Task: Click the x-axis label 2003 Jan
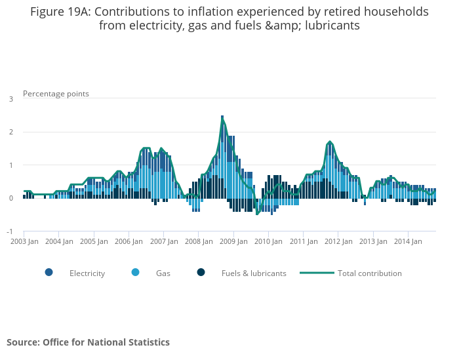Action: tap(23, 241)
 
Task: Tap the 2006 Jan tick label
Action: tap(128, 241)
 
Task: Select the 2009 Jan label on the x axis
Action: tap(233, 241)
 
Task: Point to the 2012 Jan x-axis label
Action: tap(338, 241)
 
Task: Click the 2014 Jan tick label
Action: tap(408, 241)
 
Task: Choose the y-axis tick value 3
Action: tap(10, 99)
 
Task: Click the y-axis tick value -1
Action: tap(10, 231)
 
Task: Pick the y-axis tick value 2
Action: tap(10, 132)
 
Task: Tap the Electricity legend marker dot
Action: tap(49, 273)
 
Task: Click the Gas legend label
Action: tap(163, 273)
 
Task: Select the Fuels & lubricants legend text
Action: tap(254, 273)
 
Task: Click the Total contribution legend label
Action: tap(369, 273)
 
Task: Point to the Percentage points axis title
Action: tap(56, 93)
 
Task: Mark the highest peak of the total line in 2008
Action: tap(222, 117)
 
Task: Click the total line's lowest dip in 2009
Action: tap(257, 214)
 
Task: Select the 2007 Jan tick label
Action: tap(163, 241)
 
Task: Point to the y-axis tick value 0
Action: tap(10, 198)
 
